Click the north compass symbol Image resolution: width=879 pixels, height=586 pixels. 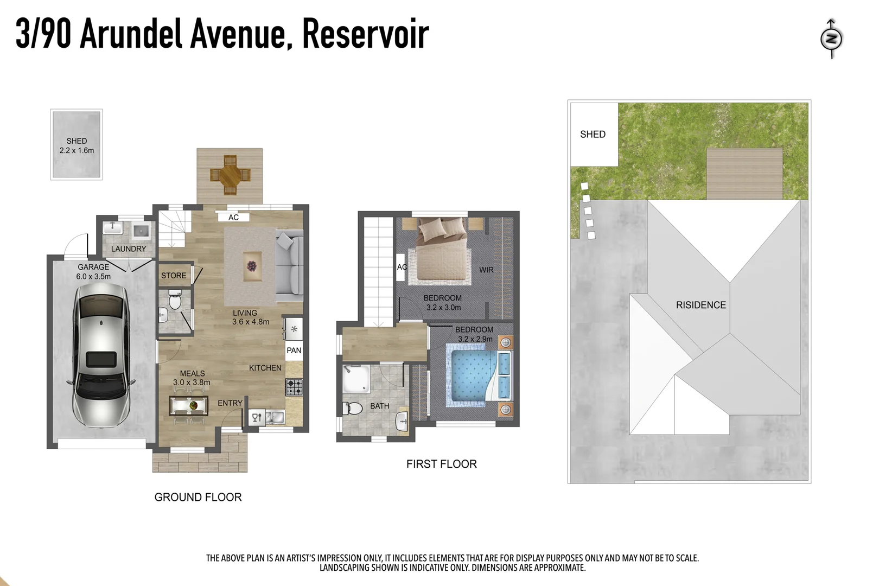pos(831,39)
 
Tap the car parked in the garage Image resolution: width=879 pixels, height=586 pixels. pos(101,355)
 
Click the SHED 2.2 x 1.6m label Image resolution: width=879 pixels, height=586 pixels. pos(77,145)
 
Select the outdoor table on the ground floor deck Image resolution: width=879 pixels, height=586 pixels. pos(230,175)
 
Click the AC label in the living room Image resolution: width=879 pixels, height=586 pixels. pos(233,217)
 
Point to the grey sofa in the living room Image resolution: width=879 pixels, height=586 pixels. pos(290,265)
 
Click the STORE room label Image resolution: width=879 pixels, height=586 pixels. pos(173,276)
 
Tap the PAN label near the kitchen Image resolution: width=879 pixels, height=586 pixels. pos(294,351)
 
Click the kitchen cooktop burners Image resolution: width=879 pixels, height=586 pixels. pos(294,386)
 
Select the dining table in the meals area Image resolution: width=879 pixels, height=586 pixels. pos(189,405)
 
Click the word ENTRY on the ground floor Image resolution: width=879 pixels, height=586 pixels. pos(230,403)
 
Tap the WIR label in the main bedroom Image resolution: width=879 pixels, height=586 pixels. pos(486,270)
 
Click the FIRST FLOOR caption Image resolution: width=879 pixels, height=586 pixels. pos(441,464)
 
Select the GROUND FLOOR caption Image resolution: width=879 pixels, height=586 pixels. pos(198,497)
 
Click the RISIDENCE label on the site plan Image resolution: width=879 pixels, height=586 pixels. pos(700,305)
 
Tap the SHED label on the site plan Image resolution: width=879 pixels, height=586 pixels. pos(593,134)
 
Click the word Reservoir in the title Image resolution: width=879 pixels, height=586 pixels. pos(365,34)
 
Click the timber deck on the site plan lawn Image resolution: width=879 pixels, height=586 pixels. pos(744,174)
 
